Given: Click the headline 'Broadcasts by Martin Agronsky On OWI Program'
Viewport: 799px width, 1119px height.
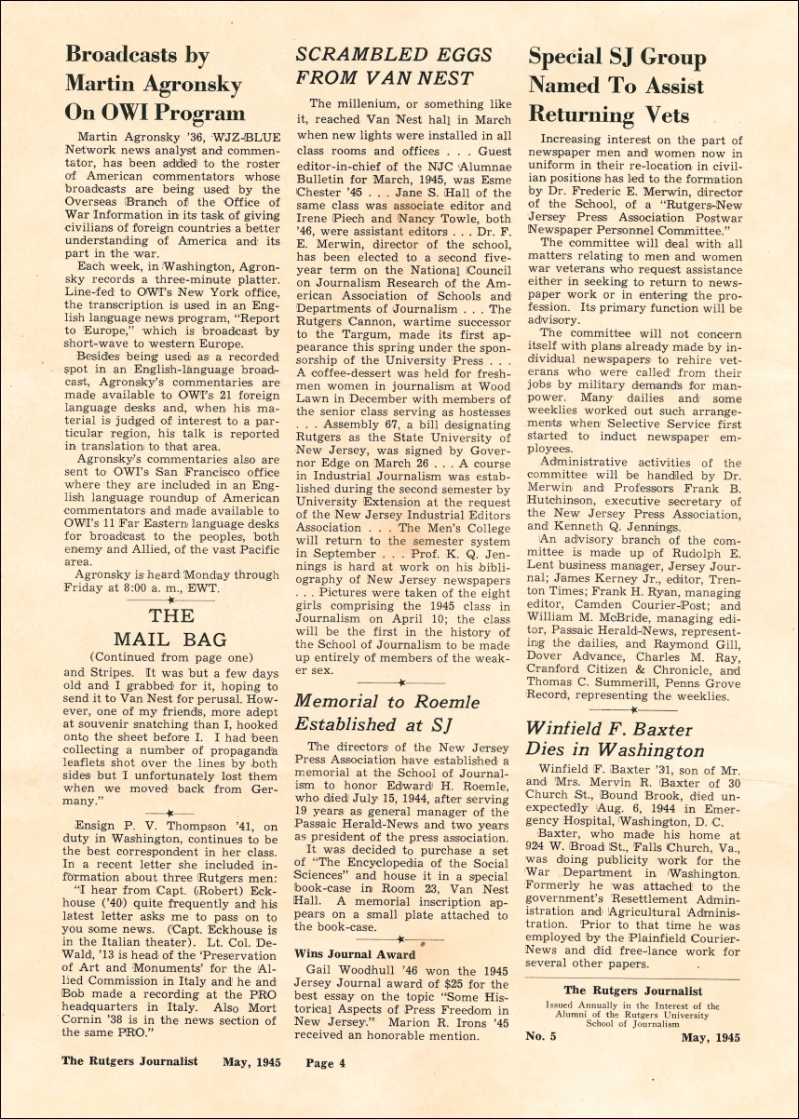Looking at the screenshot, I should pyautogui.click(x=155, y=84).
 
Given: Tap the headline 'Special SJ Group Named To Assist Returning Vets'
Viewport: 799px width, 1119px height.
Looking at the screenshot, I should pyautogui.click(x=617, y=86).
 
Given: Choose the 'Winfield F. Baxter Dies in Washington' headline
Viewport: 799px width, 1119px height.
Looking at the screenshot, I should pyautogui.click(x=616, y=738).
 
